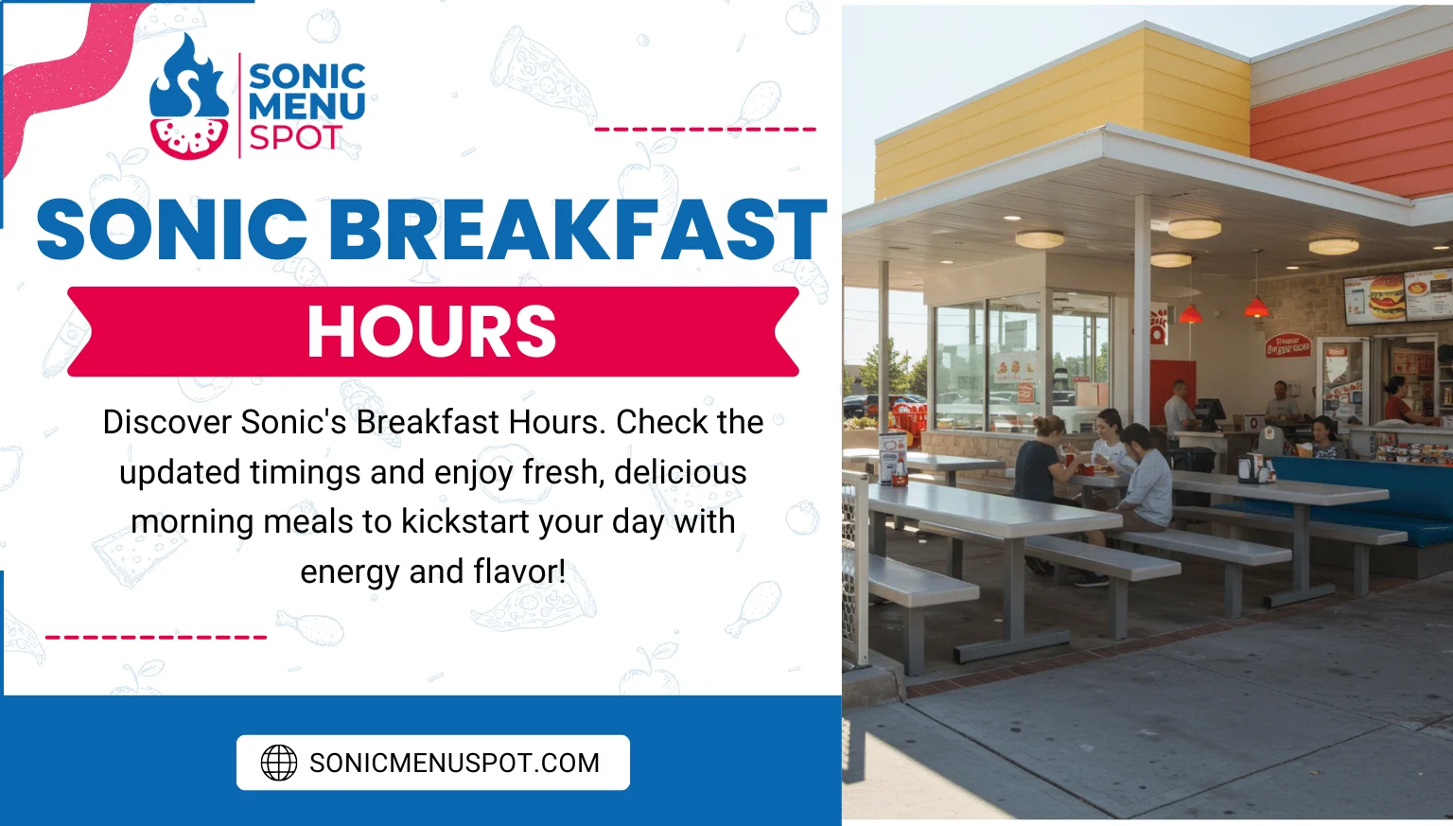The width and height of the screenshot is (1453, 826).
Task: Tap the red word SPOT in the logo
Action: [294, 138]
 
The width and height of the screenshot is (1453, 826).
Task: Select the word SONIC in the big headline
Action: [172, 230]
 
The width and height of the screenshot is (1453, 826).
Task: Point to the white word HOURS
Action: [431, 332]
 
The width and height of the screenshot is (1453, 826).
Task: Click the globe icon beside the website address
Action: [279, 763]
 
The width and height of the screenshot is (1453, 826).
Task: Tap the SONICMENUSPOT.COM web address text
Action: [454, 763]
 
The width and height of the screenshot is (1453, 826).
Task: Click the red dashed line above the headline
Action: [705, 129]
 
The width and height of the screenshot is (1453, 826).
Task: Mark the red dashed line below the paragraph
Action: [156, 637]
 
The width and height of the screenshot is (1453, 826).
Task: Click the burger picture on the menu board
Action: [1386, 296]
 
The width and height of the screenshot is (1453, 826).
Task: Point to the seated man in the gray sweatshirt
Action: [1145, 478]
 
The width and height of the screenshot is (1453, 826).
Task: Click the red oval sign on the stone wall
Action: [1288, 344]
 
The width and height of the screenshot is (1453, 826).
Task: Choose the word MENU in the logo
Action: [306, 106]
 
